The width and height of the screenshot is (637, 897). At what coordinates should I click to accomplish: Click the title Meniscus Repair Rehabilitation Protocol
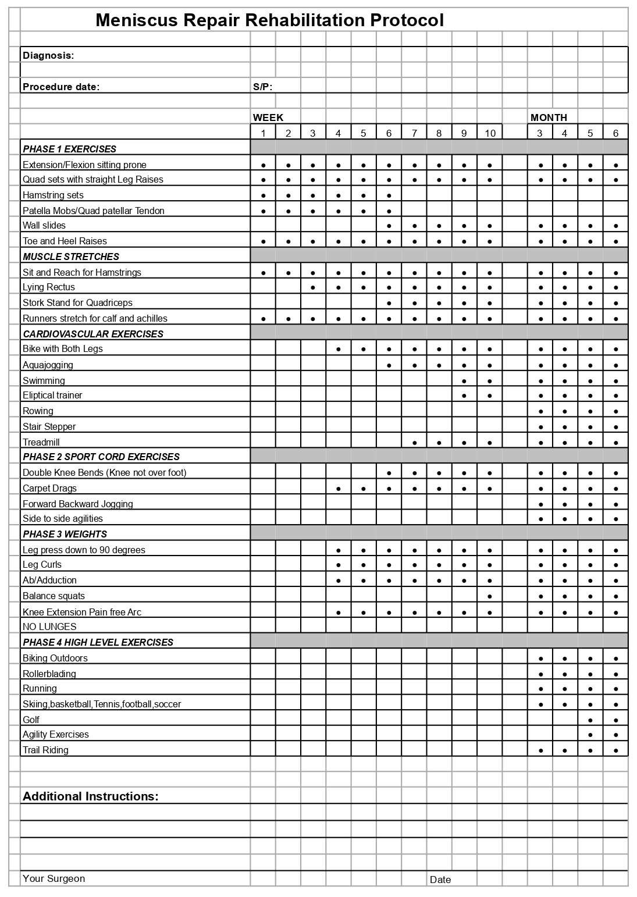tap(269, 20)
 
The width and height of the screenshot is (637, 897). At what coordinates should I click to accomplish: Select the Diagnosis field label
tap(48, 55)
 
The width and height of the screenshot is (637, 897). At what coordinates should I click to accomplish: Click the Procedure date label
tap(61, 87)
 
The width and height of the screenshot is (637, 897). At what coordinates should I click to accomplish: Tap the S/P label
tap(262, 87)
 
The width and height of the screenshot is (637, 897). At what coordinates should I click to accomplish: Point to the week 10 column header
tap(490, 133)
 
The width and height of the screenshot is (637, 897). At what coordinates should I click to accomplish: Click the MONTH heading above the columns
tap(548, 118)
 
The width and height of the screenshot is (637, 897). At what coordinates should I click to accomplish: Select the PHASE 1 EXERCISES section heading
tap(69, 149)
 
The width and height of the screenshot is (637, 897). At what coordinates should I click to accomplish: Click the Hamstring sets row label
tap(53, 195)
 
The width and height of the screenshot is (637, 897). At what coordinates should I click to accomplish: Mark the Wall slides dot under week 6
tap(389, 226)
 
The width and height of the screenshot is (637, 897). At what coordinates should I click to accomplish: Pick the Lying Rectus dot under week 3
tap(313, 287)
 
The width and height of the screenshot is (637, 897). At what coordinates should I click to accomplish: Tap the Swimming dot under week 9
tap(464, 381)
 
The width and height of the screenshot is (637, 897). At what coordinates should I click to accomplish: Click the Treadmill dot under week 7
tap(414, 443)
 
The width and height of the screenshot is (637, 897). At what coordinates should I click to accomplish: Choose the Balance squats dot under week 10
tap(490, 596)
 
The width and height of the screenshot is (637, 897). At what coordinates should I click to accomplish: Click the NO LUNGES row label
tap(49, 627)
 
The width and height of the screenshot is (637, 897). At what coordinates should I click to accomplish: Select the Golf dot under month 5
tap(590, 720)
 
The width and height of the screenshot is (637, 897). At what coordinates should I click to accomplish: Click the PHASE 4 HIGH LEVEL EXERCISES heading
tap(98, 642)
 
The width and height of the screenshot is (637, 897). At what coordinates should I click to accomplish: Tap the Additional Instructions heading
tap(90, 796)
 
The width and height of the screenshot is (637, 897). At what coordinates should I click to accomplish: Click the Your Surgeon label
tap(54, 878)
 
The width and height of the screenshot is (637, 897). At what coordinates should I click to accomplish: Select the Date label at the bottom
tap(440, 880)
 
